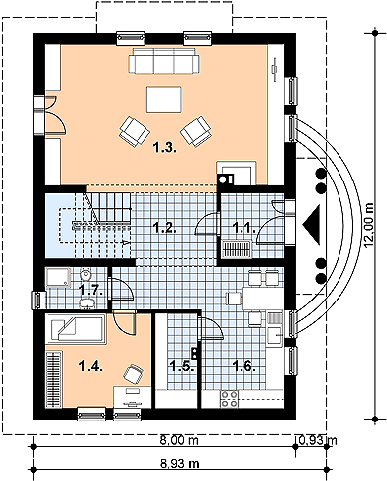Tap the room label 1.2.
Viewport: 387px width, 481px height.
pyautogui.click(x=165, y=229)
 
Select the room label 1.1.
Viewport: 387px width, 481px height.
pyautogui.click(x=244, y=228)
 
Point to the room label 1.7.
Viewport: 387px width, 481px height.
pyautogui.click(x=92, y=291)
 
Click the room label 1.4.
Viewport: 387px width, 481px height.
pyautogui.click(x=91, y=366)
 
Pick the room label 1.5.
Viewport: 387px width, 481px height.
pyautogui.click(x=180, y=366)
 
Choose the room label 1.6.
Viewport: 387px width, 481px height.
pyautogui.click(x=244, y=366)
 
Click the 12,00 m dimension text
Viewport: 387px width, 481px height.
pyautogui.click(x=370, y=225)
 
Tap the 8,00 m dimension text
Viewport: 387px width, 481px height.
pyautogui.click(x=179, y=440)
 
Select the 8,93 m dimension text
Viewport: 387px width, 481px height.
pyautogui.click(x=180, y=464)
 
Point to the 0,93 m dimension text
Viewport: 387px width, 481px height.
pyautogui.click(x=318, y=440)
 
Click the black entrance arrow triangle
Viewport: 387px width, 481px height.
pyautogui.click(x=311, y=225)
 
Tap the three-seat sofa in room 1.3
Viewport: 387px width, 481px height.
pyautogui.click(x=163, y=60)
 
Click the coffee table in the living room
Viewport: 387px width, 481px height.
pyautogui.click(x=164, y=100)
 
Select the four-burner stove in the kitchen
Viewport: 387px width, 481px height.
pyautogui.click(x=229, y=399)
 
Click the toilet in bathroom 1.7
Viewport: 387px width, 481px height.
pyautogui.click(x=86, y=274)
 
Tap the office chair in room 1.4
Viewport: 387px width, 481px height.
pyautogui.click(x=134, y=374)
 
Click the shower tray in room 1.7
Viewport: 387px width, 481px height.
pyautogui.click(x=58, y=278)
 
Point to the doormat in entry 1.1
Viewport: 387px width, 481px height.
pyautogui.click(x=237, y=250)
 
